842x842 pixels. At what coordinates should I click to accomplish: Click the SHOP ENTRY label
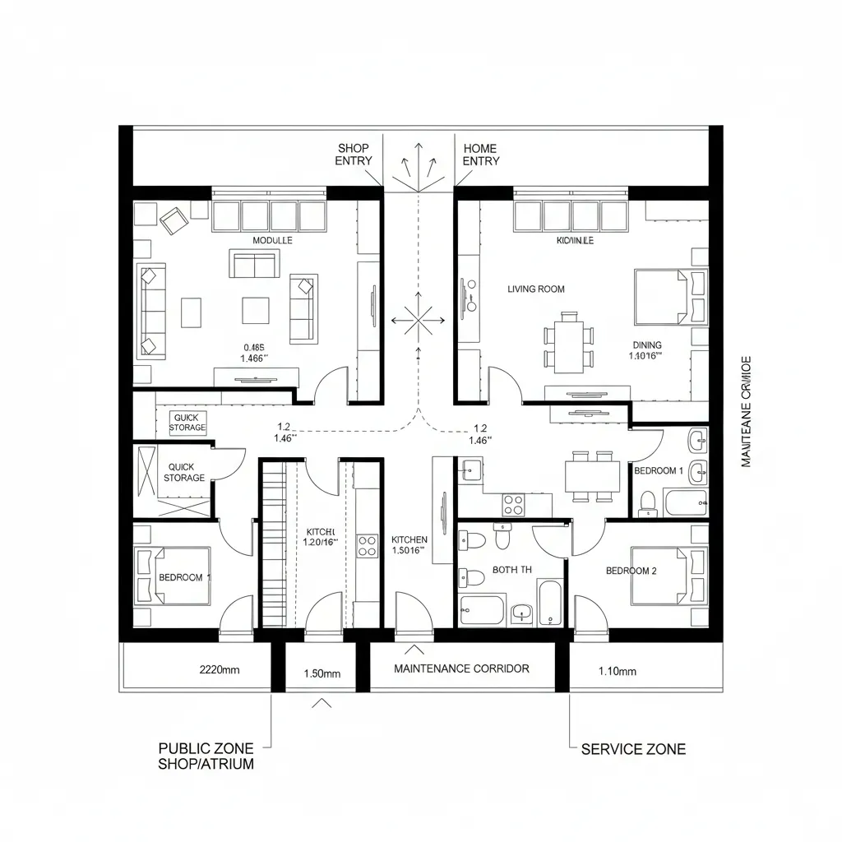click(354, 155)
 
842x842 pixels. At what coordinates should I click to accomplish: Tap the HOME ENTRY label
click(480, 155)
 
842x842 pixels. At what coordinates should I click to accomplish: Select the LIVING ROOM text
click(536, 289)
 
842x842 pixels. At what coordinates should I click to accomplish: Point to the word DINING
click(647, 345)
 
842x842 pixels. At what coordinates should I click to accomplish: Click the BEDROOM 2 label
click(631, 571)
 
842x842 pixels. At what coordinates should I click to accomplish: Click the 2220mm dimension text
click(220, 670)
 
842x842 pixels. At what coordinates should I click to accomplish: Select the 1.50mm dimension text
click(322, 673)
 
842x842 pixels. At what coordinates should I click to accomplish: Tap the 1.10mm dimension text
click(617, 672)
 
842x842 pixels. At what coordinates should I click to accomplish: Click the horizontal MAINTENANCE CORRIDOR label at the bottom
click(461, 669)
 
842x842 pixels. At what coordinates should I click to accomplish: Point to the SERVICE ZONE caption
click(633, 749)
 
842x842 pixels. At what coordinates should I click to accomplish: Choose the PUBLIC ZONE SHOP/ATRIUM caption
click(206, 756)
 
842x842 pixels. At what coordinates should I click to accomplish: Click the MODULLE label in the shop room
click(272, 240)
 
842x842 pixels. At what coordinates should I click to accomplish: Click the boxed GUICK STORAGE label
click(188, 423)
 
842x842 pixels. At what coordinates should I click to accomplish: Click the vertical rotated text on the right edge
click(747, 411)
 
